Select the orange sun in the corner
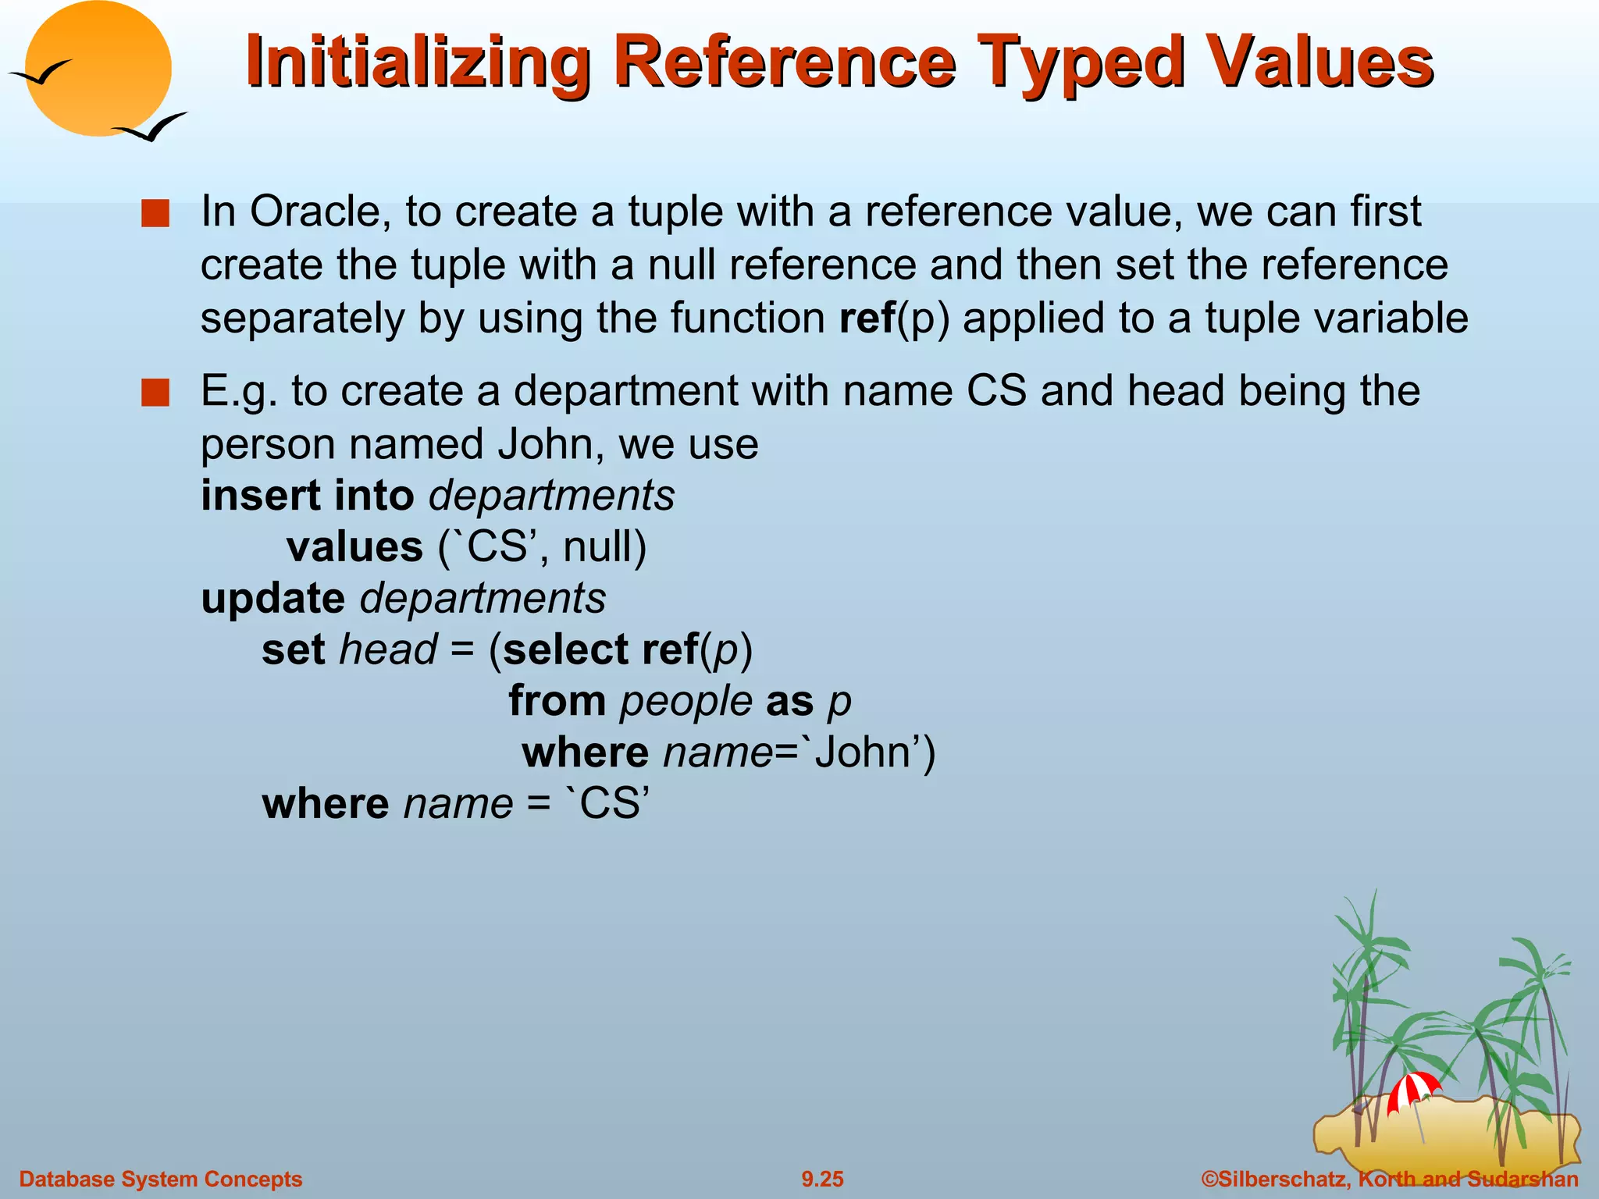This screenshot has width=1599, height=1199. tap(98, 69)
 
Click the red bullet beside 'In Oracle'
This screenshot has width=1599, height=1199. tap(155, 214)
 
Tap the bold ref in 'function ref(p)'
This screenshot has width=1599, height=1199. tap(867, 318)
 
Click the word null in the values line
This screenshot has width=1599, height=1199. tap(597, 547)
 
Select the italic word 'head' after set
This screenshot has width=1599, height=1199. tap(388, 649)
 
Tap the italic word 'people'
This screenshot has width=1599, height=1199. tap(686, 701)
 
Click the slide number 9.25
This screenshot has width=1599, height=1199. tap(822, 1179)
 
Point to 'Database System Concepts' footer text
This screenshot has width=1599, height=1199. tap(160, 1179)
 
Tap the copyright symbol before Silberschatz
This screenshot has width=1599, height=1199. tap(1209, 1179)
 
